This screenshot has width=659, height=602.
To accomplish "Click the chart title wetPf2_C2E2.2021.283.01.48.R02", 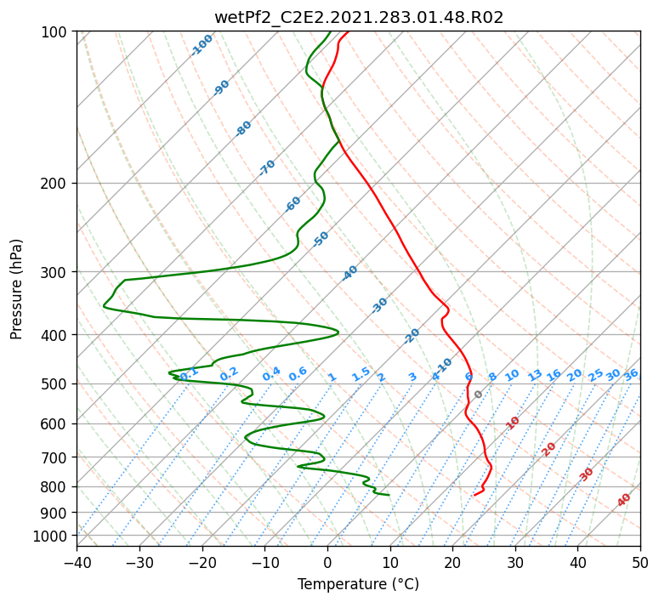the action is point(359,17).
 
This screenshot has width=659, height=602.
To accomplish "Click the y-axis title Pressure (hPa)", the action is point(15,289).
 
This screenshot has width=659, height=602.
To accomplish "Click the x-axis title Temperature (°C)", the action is point(359,584).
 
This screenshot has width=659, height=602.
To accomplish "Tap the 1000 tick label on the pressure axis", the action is point(55,537).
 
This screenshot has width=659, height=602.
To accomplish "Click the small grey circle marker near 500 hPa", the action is point(478,395).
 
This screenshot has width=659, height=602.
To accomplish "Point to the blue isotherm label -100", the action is point(202,45).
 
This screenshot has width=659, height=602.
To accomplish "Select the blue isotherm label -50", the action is point(321,239).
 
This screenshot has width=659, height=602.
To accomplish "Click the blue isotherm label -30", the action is point(379,305).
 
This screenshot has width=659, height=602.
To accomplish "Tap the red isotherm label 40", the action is point(623,500).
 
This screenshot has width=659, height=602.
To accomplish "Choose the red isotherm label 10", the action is point(513,423).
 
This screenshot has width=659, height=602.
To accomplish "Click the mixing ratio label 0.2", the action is point(229,374).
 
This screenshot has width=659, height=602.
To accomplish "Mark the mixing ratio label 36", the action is point(631,375).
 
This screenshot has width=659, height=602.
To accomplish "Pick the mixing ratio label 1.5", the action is point(361,374).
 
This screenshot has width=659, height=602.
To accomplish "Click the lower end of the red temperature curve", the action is point(474,495).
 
